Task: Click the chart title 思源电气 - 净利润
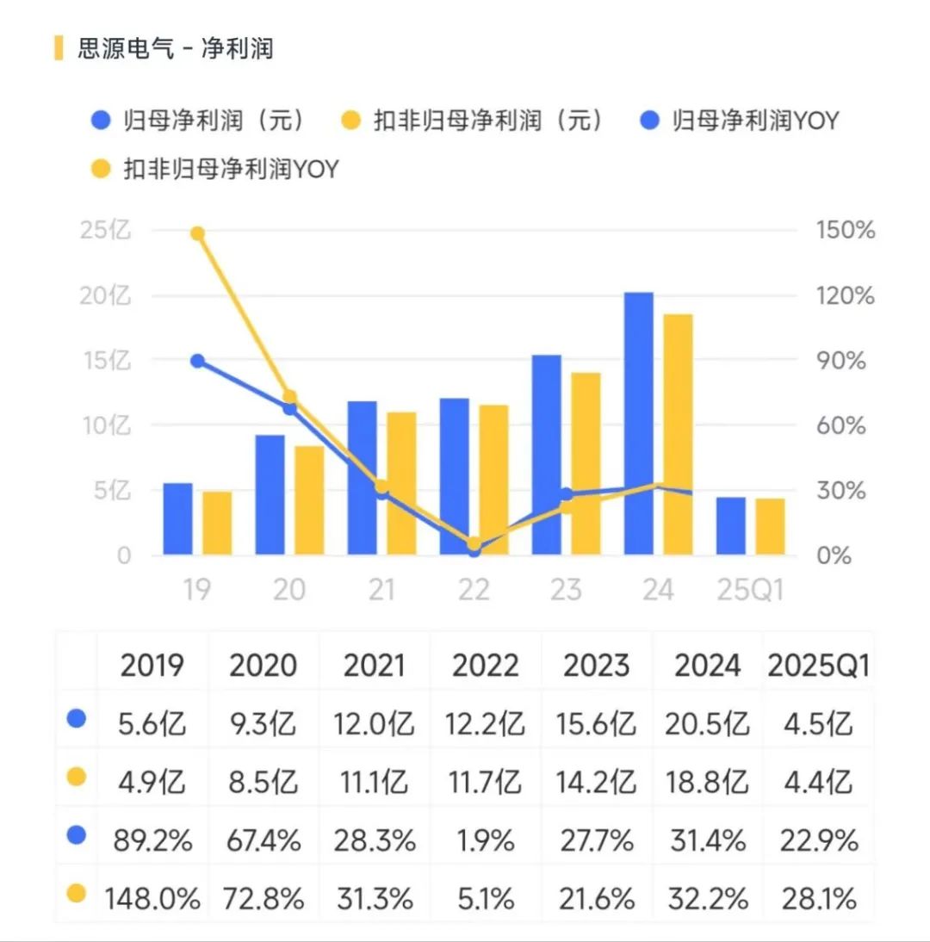point(176,48)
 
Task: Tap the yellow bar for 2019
point(217,523)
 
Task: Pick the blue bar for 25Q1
point(731,526)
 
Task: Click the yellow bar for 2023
point(586,463)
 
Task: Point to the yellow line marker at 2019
point(197,233)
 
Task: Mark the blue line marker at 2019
point(197,361)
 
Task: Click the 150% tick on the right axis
point(845,231)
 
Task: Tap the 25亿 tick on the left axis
point(106,231)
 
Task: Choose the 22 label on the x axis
point(474,590)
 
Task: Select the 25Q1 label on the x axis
point(751,590)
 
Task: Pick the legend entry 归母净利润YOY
point(740,120)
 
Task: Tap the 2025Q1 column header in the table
point(818,666)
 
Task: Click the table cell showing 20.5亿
point(707,724)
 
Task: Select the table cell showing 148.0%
point(152,900)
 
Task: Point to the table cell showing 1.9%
point(487,840)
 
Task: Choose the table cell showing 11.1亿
point(375,782)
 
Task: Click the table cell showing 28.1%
point(818,900)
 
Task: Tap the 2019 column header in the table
point(152,666)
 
